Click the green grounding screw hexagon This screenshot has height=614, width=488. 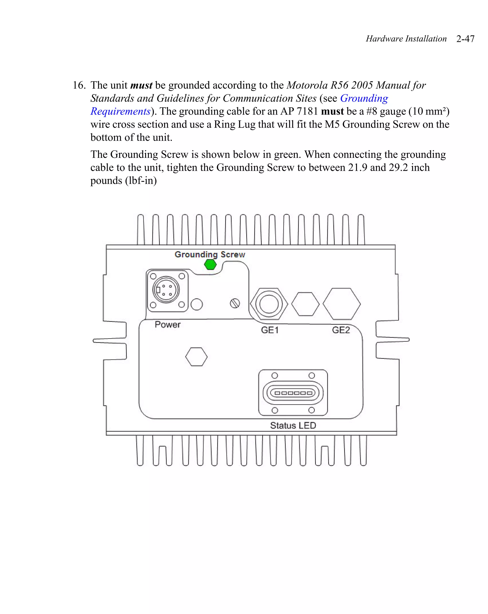[x=210, y=265]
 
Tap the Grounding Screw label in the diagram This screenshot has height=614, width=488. [x=210, y=254]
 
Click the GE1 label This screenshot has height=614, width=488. [x=270, y=330]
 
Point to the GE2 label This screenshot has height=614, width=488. [x=341, y=330]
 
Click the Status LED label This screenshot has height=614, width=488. [x=293, y=425]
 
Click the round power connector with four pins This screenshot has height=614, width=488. [x=166, y=290]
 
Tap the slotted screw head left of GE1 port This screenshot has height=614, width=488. [x=235, y=303]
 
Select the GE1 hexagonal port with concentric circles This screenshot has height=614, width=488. [x=269, y=304]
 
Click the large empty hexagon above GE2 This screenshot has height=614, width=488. [x=342, y=304]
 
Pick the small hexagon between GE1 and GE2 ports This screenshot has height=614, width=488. [x=305, y=304]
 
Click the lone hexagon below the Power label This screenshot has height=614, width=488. [x=196, y=357]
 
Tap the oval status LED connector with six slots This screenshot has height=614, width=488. [x=293, y=393]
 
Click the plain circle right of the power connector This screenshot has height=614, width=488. [x=196, y=304]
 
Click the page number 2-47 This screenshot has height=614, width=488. [x=465, y=39]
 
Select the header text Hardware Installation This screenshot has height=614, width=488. [x=406, y=39]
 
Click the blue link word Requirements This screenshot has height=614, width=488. [x=120, y=111]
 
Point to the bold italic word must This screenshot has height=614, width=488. [x=141, y=85]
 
